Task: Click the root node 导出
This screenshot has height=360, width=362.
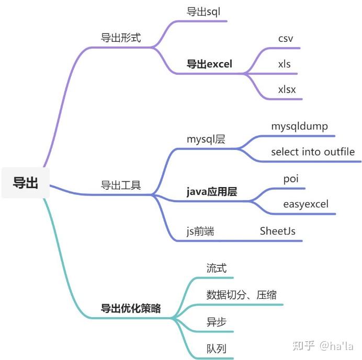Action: [26, 183]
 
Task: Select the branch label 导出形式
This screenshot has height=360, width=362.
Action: [121, 38]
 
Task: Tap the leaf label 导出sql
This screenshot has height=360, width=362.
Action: [203, 11]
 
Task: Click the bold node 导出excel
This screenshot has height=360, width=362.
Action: [209, 64]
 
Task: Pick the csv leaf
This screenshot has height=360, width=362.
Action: [286, 39]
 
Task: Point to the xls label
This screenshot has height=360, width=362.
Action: [284, 64]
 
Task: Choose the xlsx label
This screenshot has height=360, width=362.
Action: [287, 89]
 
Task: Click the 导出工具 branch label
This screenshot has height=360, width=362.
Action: [121, 185]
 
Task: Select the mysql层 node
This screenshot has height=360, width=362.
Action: [206, 140]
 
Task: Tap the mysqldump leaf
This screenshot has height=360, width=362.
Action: [299, 126]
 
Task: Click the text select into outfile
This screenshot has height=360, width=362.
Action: [313, 152]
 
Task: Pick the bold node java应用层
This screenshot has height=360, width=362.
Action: [212, 192]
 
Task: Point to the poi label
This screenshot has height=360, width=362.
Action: [291, 179]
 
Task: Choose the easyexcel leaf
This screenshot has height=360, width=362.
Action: [306, 204]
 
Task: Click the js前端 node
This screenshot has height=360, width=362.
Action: [200, 231]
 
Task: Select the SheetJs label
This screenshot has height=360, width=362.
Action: [277, 231]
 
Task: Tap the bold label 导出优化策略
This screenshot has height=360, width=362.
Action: [131, 308]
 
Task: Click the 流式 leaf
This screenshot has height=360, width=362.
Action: [217, 268]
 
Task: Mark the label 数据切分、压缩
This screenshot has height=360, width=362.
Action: [241, 295]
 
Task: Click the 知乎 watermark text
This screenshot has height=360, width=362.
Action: [303, 346]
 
